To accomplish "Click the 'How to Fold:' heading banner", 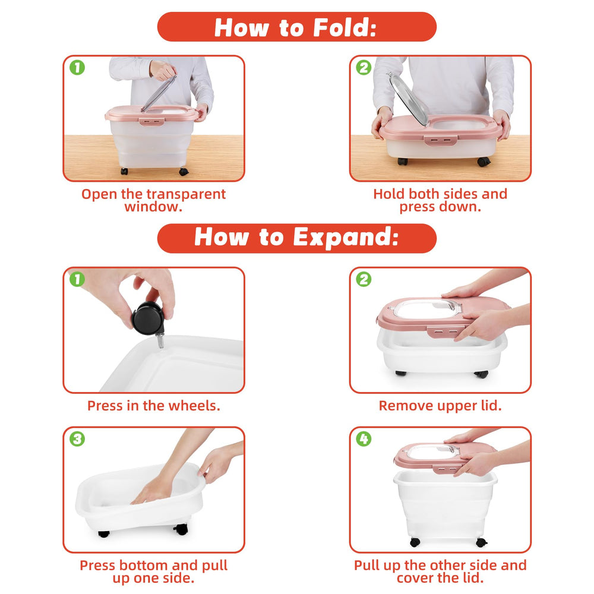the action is pos(296,27).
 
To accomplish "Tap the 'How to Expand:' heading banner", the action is pos(296,238).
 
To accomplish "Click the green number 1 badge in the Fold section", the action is pos(77,68).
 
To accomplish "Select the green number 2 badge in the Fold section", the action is pos(364,68).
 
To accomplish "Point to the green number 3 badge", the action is pos(77,439).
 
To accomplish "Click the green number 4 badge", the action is pos(364,439).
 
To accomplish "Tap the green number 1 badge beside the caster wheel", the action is pos(77,280).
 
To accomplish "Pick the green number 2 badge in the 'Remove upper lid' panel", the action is pos(364,280).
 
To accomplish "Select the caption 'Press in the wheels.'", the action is pos(153,406).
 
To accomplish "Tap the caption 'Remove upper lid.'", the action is pos(440,406).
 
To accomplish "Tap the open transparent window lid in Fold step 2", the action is pos(409,99).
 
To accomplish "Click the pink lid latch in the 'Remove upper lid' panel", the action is pos(443,331).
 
